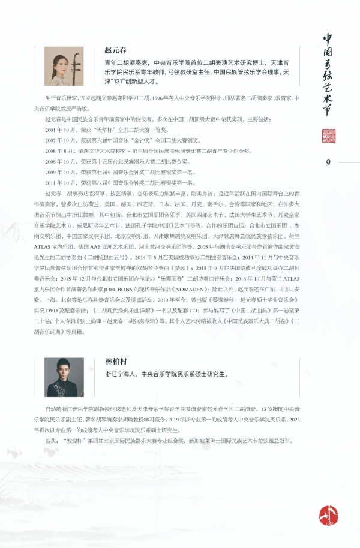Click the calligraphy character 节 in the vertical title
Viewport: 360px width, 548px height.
coord(328,113)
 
